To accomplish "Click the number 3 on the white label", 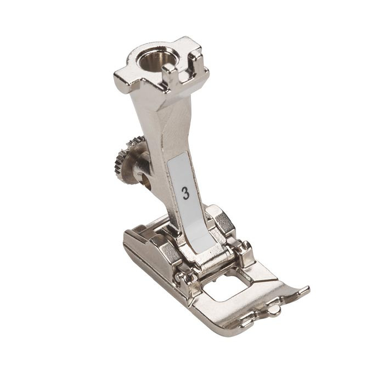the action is [x=186, y=194].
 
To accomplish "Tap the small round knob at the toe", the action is [x=274, y=310].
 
